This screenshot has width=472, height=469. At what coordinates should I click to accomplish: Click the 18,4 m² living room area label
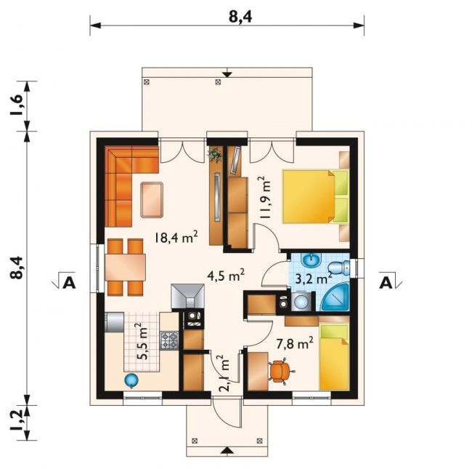click(x=176, y=237)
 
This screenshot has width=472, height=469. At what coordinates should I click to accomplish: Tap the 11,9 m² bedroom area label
click(x=266, y=199)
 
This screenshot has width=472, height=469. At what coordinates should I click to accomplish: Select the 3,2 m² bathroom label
click(x=314, y=278)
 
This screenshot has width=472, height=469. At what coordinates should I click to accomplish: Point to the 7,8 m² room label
click(x=295, y=344)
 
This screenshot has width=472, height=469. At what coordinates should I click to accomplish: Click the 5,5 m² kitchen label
click(x=142, y=342)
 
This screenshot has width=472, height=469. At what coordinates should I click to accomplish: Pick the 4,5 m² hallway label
click(x=226, y=276)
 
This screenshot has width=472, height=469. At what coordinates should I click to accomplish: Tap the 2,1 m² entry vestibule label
click(x=224, y=374)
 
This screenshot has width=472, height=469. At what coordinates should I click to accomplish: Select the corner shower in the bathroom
click(x=335, y=297)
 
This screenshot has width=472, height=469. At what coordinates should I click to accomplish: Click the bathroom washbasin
click(x=312, y=260)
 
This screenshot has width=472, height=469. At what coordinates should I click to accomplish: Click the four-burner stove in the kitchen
click(x=169, y=340)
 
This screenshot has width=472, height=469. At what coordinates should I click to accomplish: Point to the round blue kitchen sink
click(x=131, y=380)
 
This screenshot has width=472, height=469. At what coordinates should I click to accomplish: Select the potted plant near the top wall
click(x=215, y=155)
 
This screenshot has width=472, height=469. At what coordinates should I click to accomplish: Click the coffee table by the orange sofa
click(x=152, y=200)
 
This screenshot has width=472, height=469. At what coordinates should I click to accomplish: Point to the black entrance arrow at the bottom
click(x=228, y=450)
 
